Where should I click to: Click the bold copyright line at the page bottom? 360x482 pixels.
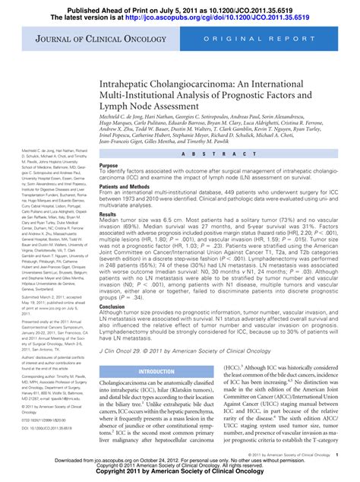click(180, 477)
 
